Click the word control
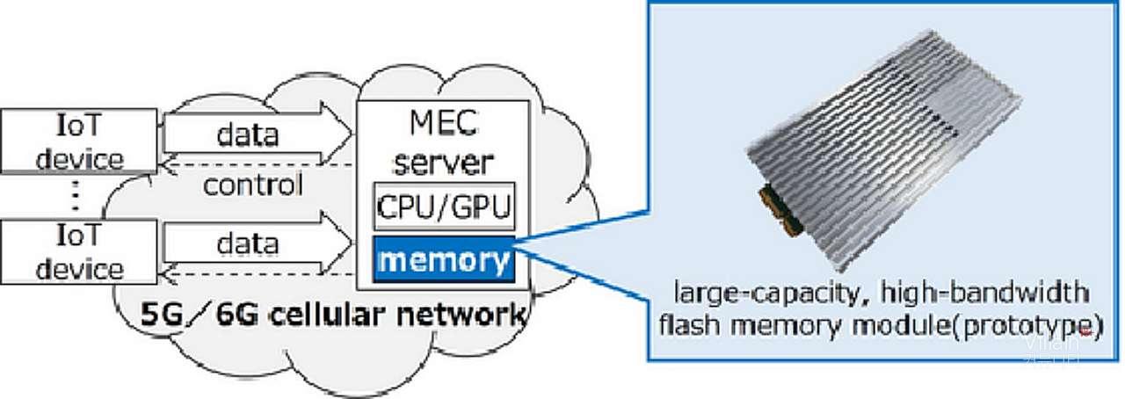[253, 185]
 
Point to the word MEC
[441, 123]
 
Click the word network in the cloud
[465, 315]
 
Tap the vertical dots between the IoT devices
[76, 199]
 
